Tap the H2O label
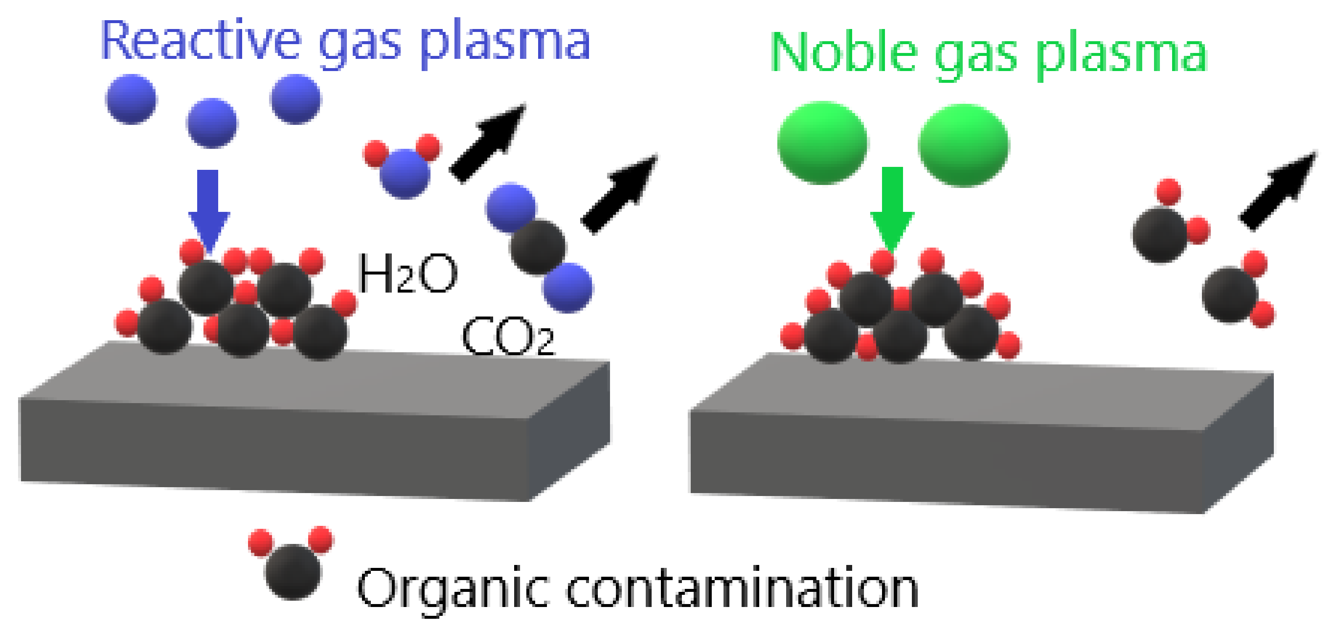[407, 273]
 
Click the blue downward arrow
[209, 209]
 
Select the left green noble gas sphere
[823, 143]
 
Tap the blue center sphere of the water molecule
[404, 174]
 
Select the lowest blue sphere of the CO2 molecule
[568, 287]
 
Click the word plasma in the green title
[1121, 53]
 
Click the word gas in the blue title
[359, 42]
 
